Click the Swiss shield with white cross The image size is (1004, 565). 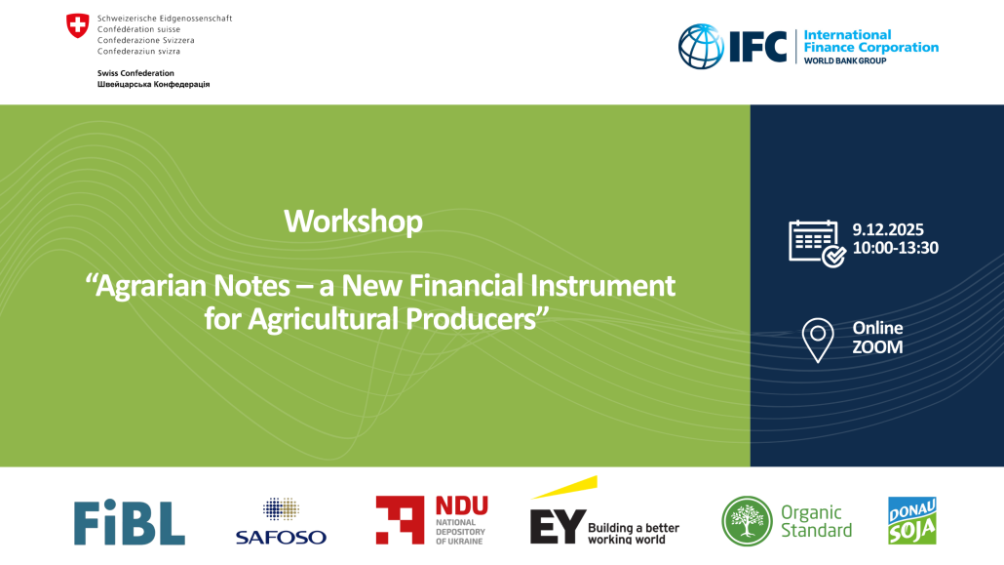tap(77, 26)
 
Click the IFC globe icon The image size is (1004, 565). tap(701, 46)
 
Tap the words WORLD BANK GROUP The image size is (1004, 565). tap(845, 61)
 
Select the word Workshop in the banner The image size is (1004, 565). tap(354, 222)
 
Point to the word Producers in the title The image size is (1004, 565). tap(471, 319)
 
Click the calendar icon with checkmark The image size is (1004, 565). tap(817, 244)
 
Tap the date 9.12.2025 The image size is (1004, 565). tap(888, 229)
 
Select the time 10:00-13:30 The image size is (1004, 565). tap(895, 248)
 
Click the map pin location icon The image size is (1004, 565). tap(818, 340)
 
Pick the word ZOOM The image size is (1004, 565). tap(877, 347)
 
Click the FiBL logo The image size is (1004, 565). tap(130, 522)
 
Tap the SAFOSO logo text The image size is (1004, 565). tap(281, 537)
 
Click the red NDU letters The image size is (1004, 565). tap(462, 505)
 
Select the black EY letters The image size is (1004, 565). tap(558, 527)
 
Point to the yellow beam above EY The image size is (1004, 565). tap(564, 487)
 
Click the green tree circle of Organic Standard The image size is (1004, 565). tap(747, 521)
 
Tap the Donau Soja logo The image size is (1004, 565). tap(912, 521)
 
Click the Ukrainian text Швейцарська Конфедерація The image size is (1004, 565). tap(154, 84)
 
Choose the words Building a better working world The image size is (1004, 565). tap(634, 534)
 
